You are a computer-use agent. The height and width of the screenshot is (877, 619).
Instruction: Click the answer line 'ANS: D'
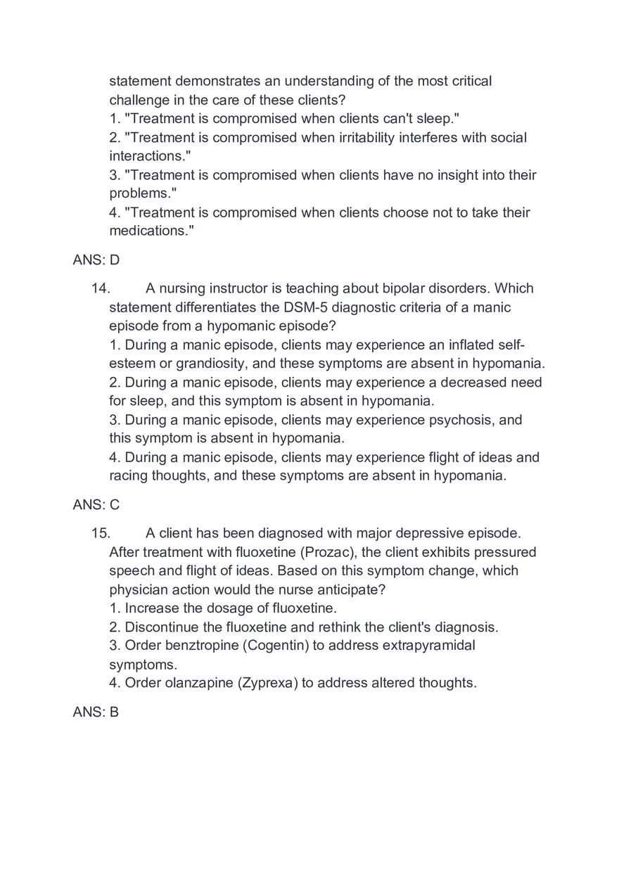tap(96, 260)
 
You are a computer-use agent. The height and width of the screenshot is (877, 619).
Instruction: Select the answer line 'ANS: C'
tap(96, 505)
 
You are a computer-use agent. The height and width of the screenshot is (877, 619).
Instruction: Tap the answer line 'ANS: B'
tap(96, 712)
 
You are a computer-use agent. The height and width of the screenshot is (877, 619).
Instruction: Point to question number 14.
tap(101, 288)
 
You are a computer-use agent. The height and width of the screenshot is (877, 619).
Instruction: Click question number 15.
tap(101, 533)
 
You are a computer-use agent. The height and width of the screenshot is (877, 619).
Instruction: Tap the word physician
tap(139, 589)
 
